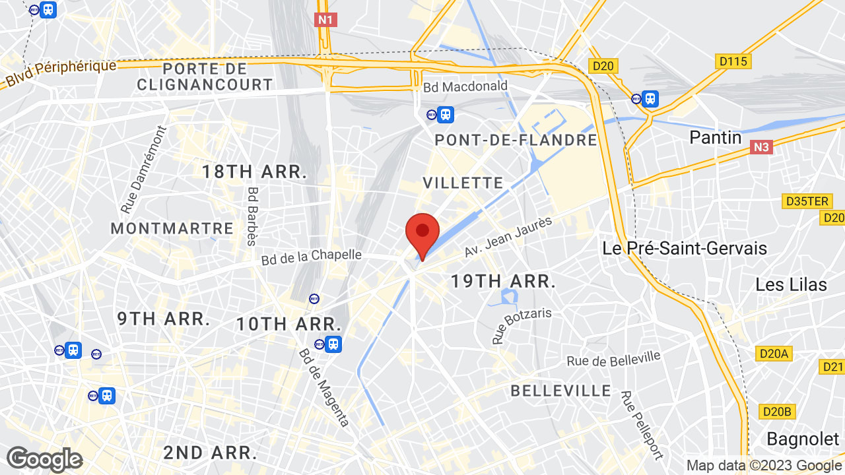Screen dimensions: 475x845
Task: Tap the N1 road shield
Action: tap(325, 20)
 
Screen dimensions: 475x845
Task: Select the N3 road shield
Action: tap(761, 147)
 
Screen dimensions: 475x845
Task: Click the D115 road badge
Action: tap(733, 61)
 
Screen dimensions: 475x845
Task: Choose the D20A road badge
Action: tap(774, 354)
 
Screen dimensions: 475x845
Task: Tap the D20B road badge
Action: tap(776, 412)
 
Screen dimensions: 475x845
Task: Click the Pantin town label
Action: tap(716, 137)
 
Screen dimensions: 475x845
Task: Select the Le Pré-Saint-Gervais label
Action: tap(685, 248)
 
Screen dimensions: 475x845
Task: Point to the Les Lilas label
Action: tap(791, 285)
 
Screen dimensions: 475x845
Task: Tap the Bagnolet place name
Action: tap(802, 439)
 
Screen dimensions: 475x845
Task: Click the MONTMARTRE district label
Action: tap(172, 229)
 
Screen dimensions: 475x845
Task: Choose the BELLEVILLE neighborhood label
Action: tap(561, 391)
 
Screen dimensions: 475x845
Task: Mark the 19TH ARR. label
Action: tap(502, 282)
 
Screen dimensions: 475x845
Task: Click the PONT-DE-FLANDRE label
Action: tap(516, 141)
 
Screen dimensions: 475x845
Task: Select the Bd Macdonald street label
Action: tap(465, 86)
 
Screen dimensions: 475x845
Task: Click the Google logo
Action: tap(44, 459)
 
